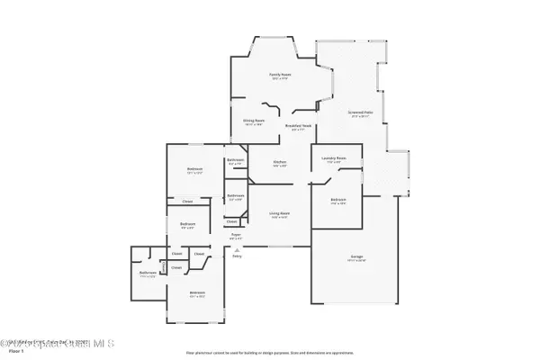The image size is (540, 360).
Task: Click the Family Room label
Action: coord(279,76)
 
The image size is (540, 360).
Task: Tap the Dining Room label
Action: coord(254,121)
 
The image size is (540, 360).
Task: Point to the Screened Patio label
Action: coord(362,113)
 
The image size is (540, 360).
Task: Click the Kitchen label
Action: coord(279,163)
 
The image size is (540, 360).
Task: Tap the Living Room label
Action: coord(279,214)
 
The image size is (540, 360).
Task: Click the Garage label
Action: coord(357,257)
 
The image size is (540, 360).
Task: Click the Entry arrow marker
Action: coord(236,249)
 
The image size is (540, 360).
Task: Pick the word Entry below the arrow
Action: coord(238,256)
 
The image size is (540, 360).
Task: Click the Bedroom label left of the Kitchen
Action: coord(194,169)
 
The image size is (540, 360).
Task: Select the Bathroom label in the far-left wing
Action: coord(148,274)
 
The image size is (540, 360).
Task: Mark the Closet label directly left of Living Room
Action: coord(231,221)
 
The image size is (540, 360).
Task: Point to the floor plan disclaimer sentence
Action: coord(269,352)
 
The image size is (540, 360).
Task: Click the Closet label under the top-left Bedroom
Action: coord(187,202)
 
